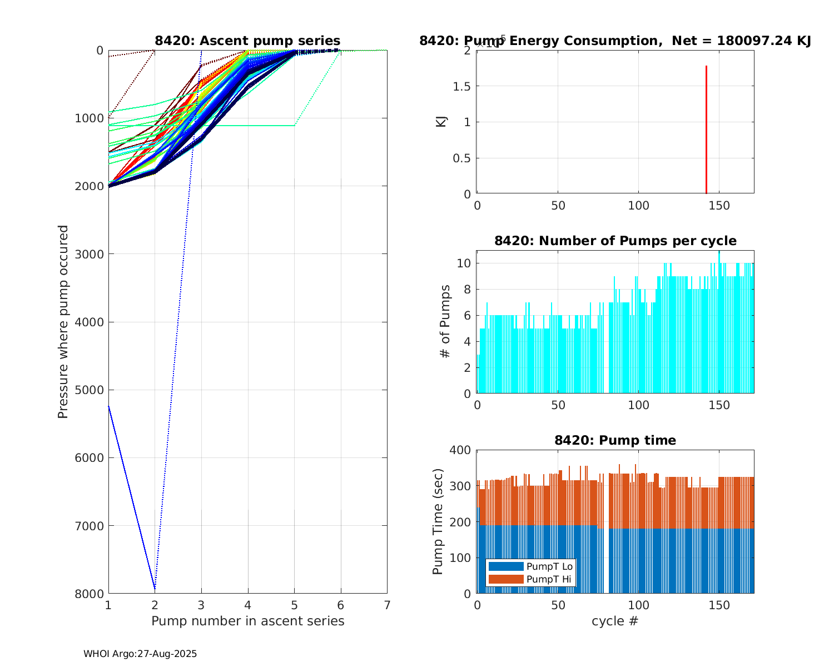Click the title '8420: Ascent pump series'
[247, 41]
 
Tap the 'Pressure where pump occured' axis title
[63, 321]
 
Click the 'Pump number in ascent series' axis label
[247, 621]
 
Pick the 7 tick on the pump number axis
[387, 605]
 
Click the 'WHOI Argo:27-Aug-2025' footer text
[140, 654]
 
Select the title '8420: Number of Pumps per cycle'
[615, 241]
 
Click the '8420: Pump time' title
[615, 440]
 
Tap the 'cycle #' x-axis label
[615, 621]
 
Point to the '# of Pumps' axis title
[445, 321]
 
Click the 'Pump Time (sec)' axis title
[438, 521]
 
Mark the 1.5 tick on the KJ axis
[463, 86]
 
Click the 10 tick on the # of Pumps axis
[465, 263]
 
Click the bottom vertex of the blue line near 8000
[155, 588]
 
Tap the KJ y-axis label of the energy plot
[441, 121]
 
